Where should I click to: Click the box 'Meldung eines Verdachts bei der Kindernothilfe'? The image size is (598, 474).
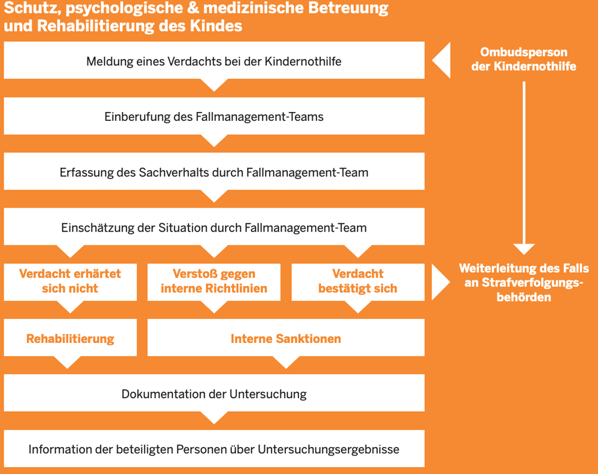click(x=214, y=61)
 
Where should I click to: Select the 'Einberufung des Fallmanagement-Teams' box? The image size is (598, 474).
click(x=214, y=117)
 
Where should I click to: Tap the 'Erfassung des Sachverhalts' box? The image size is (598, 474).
click(x=214, y=172)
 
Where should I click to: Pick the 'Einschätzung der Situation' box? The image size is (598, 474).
click(x=214, y=227)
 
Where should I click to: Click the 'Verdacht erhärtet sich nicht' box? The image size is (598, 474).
click(x=70, y=281)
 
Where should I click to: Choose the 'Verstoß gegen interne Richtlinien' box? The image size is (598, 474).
click(x=214, y=281)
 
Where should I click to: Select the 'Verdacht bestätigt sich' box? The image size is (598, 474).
click(x=358, y=281)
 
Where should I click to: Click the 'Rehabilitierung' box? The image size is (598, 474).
click(x=70, y=339)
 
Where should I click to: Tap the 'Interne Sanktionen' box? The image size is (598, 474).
click(x=286, y=339)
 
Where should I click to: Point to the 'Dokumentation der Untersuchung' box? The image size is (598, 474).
click(x=214, y=394)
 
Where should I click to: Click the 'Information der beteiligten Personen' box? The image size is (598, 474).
click(x=214, y=449)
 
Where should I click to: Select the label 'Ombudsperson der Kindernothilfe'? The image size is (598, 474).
click(x=524, y=60)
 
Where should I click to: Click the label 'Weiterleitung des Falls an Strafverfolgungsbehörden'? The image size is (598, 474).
click(x=524, y=282)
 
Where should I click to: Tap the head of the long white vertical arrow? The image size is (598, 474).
click(x=524, y=248)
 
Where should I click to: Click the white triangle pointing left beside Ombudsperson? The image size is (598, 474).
click(x=443, y=60)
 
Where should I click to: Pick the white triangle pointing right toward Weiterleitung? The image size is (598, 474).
click(x=441, y=282)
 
